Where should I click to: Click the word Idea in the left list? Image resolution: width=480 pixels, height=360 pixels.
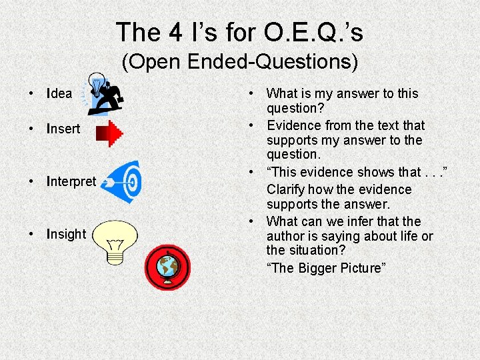tap(59, 93)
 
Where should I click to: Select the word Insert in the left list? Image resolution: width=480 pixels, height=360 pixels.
tap(63, 129)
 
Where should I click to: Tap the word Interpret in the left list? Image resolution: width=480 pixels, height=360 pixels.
tap(71, 181)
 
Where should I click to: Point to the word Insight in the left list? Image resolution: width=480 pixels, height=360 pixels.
tap(66, 234)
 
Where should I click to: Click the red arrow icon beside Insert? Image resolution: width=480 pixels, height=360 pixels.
tap(109, 133)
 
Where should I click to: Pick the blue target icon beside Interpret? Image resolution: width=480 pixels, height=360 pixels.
tap(125, 181)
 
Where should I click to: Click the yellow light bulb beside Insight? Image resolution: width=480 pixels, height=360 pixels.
tap(115, 241)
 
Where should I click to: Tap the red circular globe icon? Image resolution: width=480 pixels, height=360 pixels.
tap(167, 267)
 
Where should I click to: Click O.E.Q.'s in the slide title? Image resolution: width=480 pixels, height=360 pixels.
tap(312, 32)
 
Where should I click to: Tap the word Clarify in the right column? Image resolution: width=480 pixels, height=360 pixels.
tap(291, 189)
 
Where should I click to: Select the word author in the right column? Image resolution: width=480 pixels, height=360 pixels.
tap(286, 236)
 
